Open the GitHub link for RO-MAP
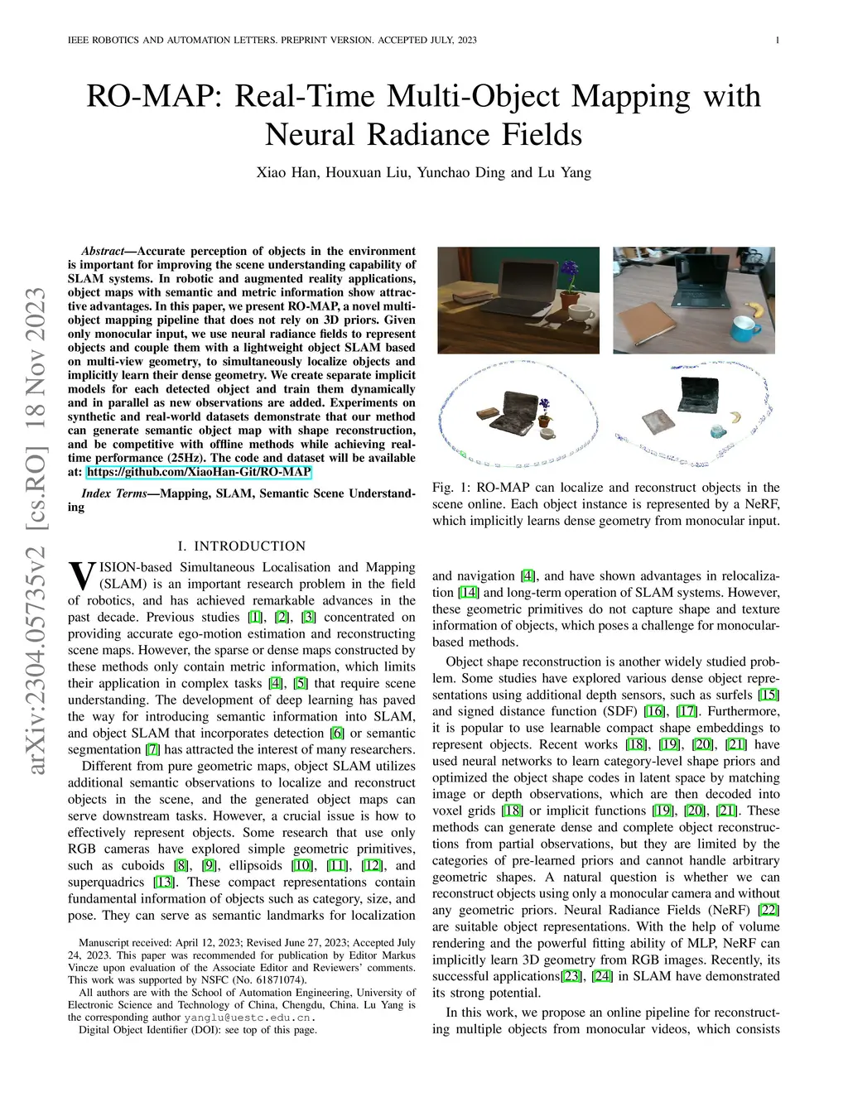199,472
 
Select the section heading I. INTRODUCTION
242,546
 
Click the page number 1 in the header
778,40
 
